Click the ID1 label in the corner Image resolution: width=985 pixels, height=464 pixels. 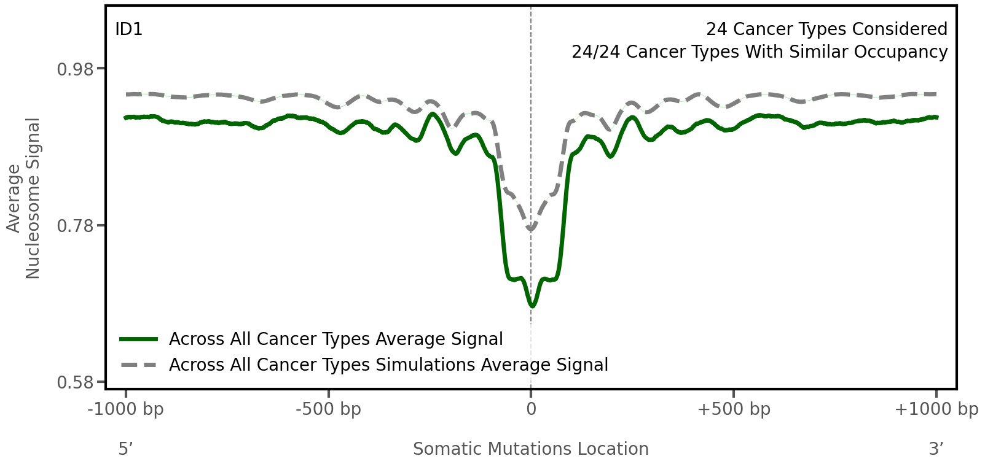point(129,29)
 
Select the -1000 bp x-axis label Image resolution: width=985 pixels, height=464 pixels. point(126,409)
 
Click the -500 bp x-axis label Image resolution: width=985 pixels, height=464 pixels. point(328,409)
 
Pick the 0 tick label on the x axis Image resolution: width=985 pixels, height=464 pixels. point(531,409)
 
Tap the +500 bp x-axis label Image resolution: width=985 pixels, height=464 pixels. point(734,409)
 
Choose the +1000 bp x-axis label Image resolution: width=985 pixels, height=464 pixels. point(936,409)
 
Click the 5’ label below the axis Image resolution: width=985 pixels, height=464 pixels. point(126,449)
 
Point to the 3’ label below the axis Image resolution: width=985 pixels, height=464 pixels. point(936,449)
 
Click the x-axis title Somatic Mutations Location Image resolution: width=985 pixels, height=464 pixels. point(531,449)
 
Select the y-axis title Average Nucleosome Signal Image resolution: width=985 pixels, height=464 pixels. point(24,198)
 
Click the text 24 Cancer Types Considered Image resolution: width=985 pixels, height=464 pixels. point(826,29)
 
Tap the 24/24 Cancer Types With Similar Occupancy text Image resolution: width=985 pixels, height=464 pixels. point(759,52)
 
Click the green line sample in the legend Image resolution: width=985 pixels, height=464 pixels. point(139,339)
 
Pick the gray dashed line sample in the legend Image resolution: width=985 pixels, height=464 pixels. point(139,365)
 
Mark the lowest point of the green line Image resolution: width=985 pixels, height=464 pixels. point(532,306)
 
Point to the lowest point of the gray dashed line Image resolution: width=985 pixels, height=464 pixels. point(531,230)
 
